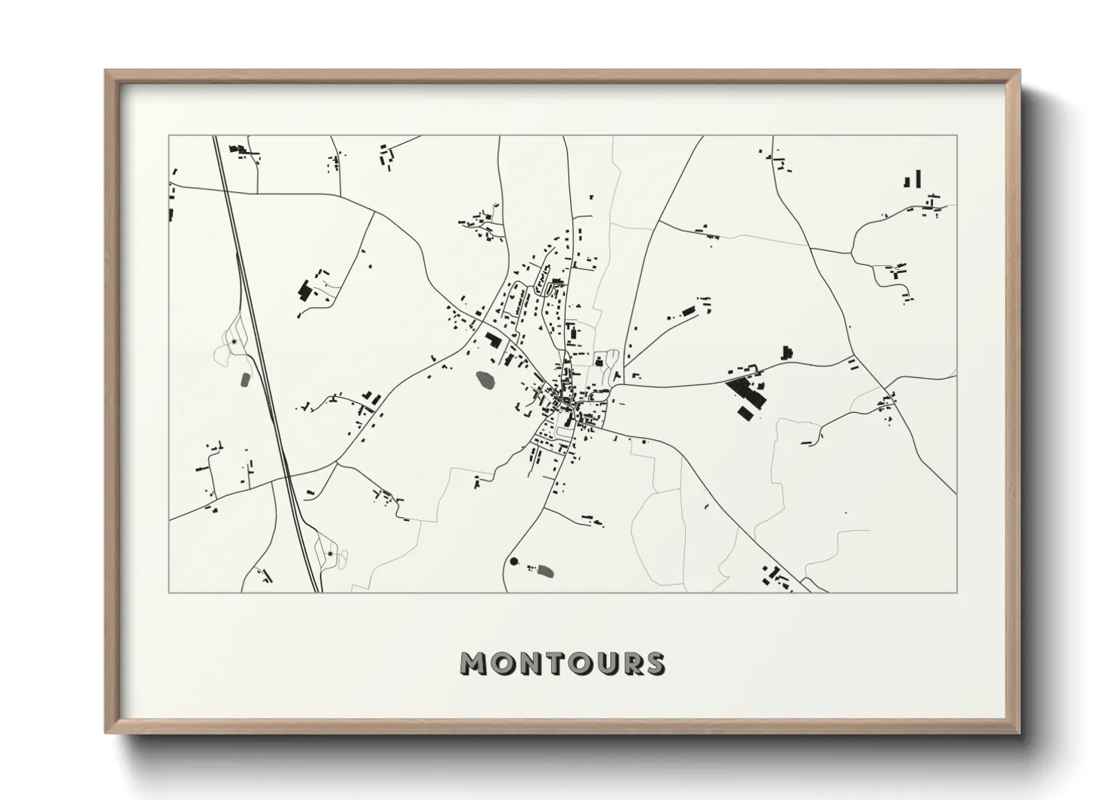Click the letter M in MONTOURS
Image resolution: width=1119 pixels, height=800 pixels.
point(476,663)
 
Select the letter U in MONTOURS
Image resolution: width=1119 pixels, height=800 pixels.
point(606,663)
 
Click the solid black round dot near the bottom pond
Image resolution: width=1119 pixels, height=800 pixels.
point(515,562)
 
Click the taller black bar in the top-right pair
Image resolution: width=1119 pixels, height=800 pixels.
point(919,178)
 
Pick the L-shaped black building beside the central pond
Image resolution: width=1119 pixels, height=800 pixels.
point(494,340)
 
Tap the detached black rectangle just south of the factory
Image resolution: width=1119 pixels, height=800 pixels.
point(746,411)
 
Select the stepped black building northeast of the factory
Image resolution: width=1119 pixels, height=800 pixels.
point(787,352)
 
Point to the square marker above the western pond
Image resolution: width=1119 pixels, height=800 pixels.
point(234,343)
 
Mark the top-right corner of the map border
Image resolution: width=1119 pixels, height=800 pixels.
point(956,136)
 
